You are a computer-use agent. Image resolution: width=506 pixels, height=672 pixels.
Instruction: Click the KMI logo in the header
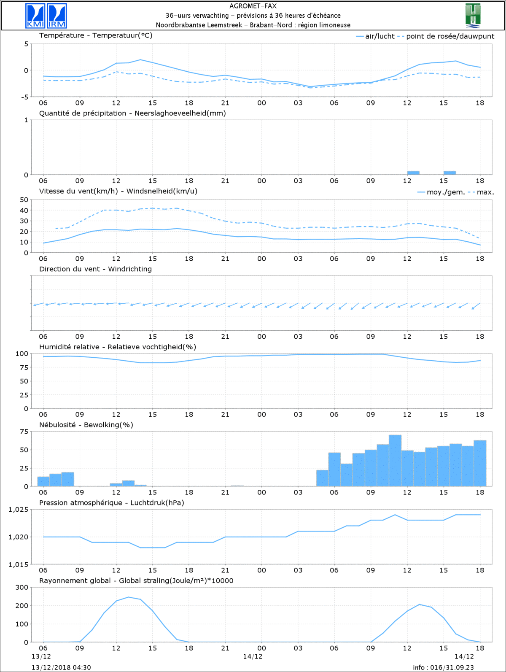coord(35,16)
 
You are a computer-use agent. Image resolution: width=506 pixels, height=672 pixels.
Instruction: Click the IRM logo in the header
coord(57,16)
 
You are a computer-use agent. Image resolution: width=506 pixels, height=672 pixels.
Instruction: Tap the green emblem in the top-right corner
coord(473,16)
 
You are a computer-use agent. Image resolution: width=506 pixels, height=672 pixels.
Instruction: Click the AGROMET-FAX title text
coord(253,6)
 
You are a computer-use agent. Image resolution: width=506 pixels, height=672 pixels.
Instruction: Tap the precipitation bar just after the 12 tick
coord(413,173)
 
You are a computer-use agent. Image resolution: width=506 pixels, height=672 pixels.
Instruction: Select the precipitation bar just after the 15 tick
coord(449,173)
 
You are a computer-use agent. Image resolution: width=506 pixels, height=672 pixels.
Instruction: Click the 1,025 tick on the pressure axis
coord(19,510)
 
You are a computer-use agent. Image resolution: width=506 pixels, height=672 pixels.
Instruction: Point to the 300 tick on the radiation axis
coord(22,587)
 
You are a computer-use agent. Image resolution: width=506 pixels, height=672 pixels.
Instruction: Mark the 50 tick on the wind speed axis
coord(24,200)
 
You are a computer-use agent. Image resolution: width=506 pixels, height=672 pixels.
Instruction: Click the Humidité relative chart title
coord(118,347)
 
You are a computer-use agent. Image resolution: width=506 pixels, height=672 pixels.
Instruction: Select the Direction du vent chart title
coord(95,269)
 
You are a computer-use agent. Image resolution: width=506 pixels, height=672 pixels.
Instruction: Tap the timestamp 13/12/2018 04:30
coord(61,667)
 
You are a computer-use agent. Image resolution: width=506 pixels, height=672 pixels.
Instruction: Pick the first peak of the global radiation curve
coord(129,597)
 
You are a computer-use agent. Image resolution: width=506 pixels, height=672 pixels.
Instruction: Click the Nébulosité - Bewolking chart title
coord(86,425)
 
